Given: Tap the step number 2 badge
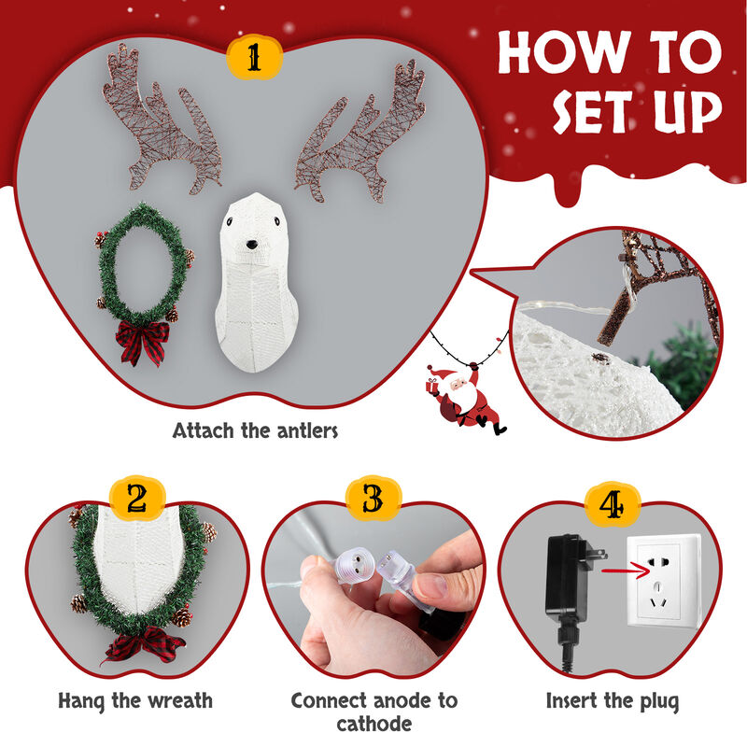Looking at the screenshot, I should pos(137,499).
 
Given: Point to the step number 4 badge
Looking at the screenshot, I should pos(611,504).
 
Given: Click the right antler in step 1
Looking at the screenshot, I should pos(359,131).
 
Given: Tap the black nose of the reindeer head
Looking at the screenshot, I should pos(251,245).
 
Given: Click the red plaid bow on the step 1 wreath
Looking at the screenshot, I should pos(142,341).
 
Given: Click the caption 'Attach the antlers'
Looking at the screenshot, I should pos(254,431).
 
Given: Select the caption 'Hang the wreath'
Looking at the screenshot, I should pos(135,699).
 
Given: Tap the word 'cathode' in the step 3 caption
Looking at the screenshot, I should pos(373,724).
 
